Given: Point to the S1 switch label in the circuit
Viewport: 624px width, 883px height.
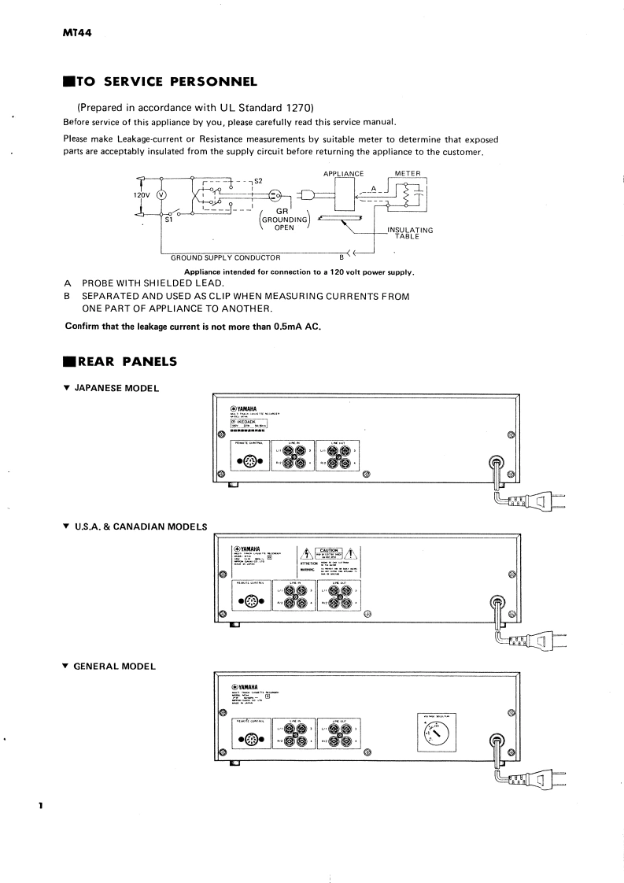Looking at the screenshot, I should (x=168, y=221).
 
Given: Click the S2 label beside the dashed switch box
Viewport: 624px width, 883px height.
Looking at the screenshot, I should (x=257, y=181).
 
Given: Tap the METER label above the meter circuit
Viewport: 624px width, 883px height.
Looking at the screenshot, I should (x=408, y=173).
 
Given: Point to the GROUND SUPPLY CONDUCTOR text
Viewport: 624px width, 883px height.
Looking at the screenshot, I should (x=225, y=257).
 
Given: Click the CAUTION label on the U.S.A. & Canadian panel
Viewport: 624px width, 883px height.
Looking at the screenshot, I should (x=328, y=551).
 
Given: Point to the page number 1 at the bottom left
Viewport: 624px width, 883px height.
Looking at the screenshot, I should (x=39, y=806).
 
